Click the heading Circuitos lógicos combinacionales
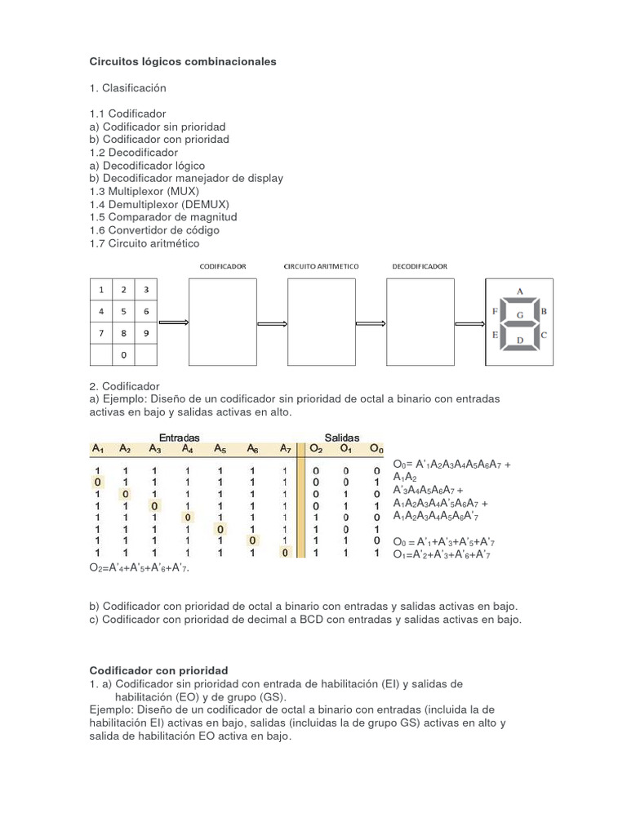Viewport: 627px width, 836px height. (183, 61)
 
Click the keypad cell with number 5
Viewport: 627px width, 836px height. (123, 311)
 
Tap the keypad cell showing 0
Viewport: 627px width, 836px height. (123, 355)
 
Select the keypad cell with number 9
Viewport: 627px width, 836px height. (145, 333)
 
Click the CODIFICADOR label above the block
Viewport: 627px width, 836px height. (223, 266)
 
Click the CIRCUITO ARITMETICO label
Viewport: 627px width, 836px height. (321, 266)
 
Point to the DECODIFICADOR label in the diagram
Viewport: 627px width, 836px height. (419, 266)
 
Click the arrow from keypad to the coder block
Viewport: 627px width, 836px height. (173, 322)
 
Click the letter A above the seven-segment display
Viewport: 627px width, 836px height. (520, 290)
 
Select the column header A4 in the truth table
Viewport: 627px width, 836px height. (188, 448)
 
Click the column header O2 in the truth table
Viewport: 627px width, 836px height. (316, 448)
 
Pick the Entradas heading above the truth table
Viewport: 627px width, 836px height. (179, 438)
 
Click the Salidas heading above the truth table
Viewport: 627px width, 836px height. (342, 438)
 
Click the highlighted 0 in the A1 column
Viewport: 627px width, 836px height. (97, 482)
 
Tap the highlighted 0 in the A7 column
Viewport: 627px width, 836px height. (284, 553)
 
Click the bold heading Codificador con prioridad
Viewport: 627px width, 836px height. (158, 670)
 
